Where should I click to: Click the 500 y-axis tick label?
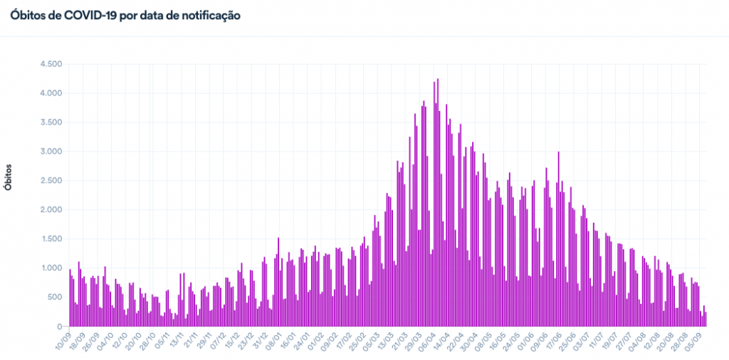click(x=56, y=297)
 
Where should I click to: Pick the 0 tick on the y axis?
click(x=61, y=327)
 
